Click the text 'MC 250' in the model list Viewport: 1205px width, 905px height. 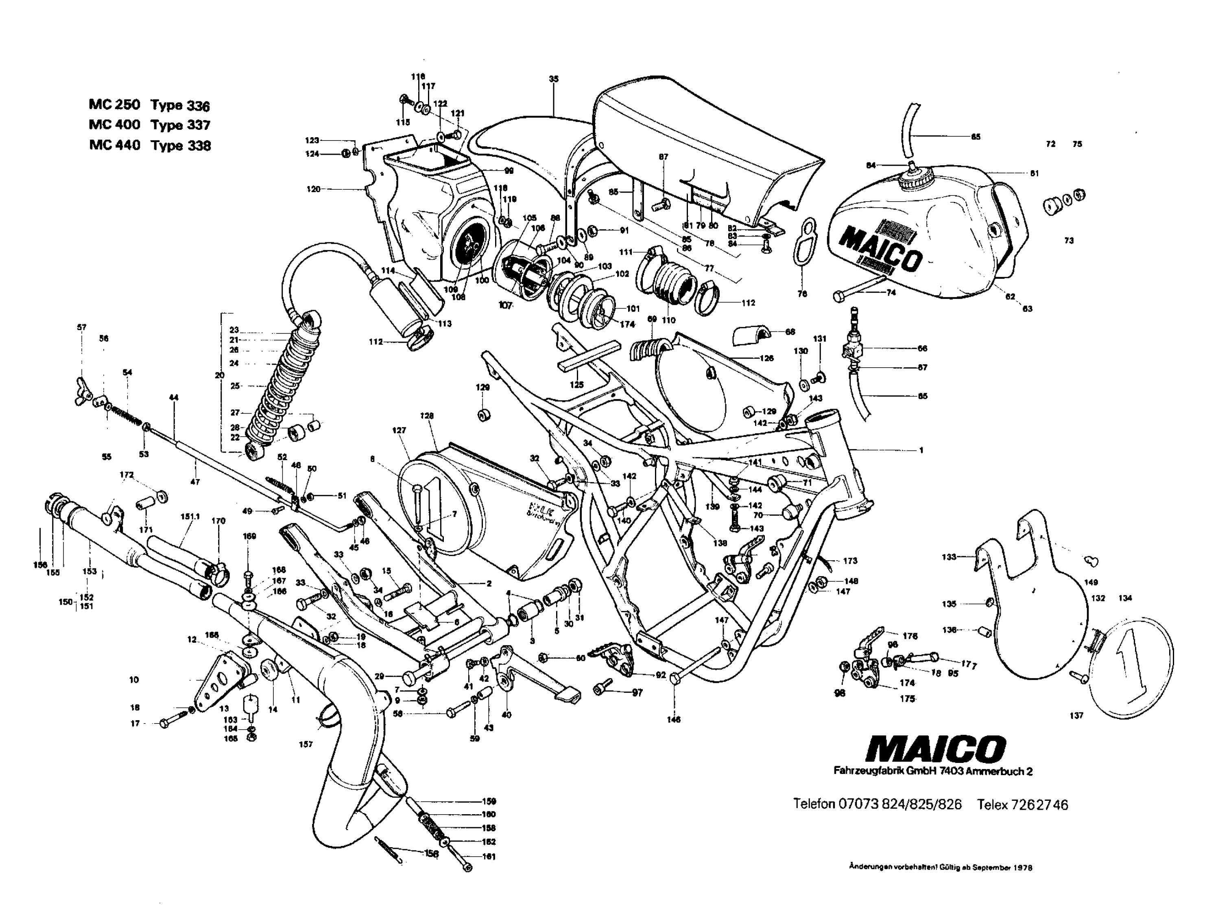pos(114,104)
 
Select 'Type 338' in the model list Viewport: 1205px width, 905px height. pos(181,146)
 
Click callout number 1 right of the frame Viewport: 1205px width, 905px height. pos(921,450)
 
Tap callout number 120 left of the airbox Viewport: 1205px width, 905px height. pos(313,189)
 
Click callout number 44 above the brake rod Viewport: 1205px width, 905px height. pos(174,398)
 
